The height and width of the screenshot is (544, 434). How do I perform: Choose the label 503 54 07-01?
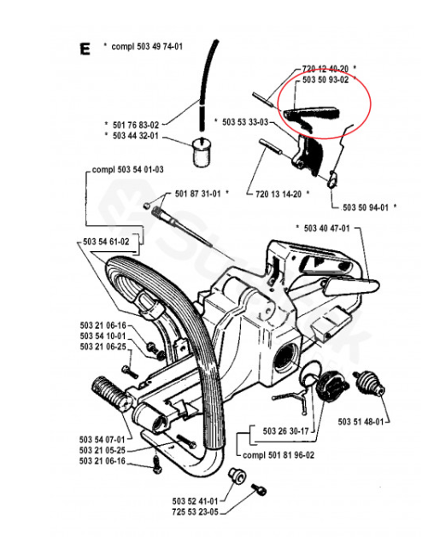(x=103, y=440)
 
